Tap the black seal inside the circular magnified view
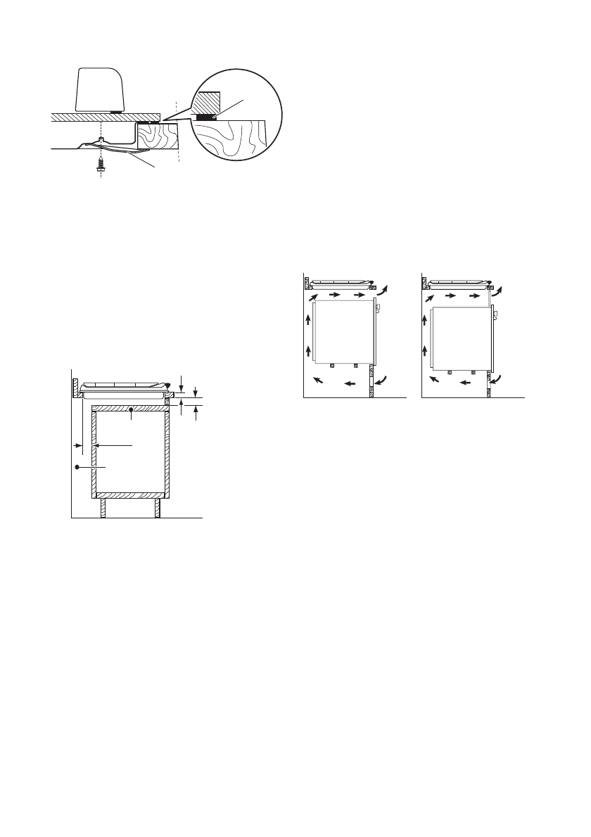tap(206, 117)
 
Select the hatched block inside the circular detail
tap(208, 102)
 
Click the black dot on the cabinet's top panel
tap(131, 409)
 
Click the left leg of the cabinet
tap(103, 509)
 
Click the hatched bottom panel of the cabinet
tap(131, 495)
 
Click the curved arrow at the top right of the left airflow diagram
tap(383, 292)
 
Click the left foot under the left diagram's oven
tap(333, 366)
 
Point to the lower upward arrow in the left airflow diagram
tap(308, 350)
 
